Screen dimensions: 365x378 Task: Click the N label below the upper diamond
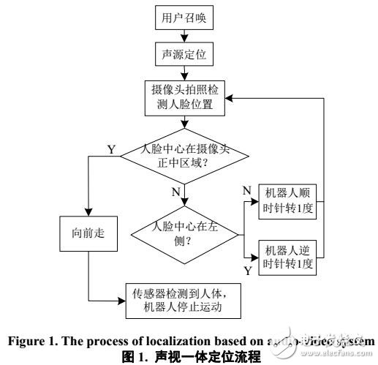175,192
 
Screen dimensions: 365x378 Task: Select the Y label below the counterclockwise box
246,270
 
